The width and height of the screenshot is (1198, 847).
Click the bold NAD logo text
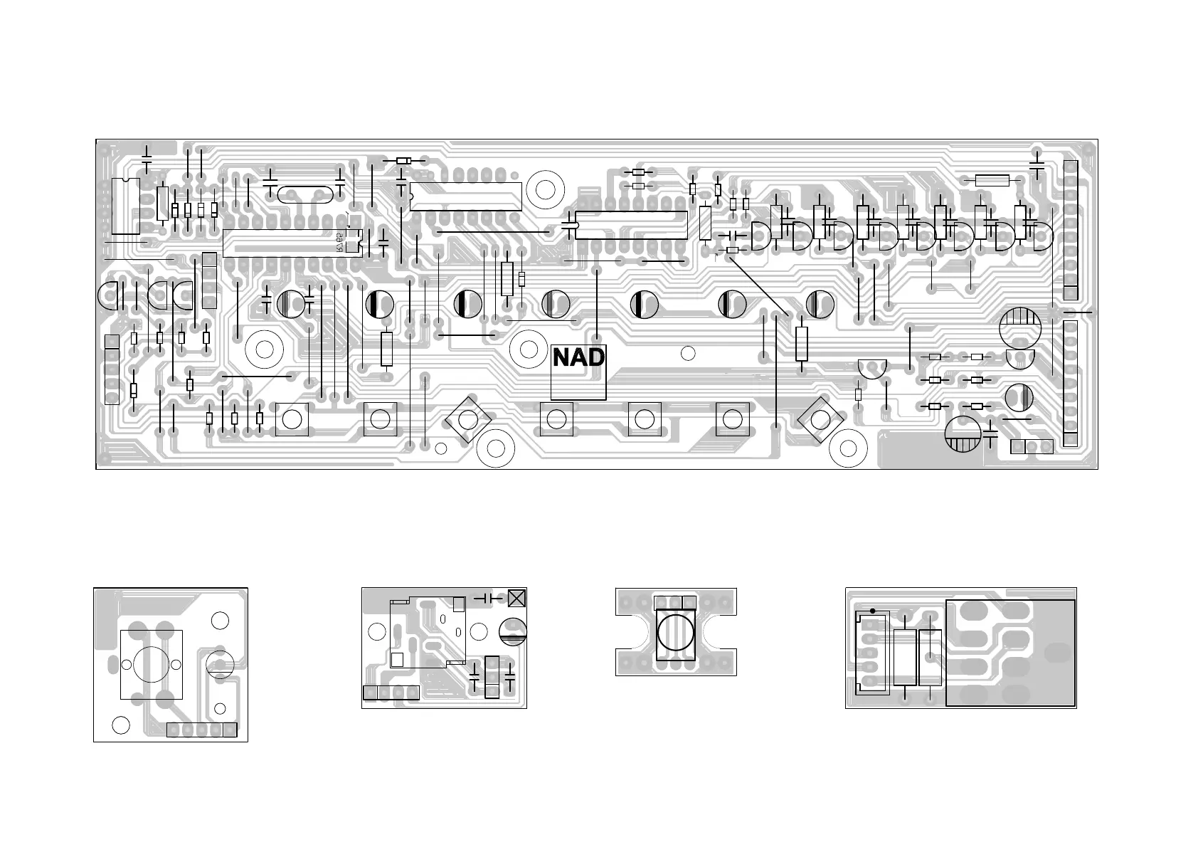(578, 357)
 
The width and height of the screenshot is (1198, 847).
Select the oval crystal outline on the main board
(304, 195)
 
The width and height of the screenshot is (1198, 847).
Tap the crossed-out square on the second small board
(516, 598)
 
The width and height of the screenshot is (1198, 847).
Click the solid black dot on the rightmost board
(873, 611)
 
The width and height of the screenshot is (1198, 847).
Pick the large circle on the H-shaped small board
(675, 631)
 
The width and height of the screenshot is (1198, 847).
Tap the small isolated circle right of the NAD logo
(687, 353)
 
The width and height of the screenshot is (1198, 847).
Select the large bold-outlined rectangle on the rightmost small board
(1009, 653)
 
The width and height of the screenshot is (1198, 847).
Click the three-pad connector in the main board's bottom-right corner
(1031, 447)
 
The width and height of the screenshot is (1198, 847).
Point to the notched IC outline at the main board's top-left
(126, 206)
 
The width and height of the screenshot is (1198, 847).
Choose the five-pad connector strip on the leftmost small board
(201, 730)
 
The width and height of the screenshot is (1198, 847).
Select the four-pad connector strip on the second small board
(391, 693)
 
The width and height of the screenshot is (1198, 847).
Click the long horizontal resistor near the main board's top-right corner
(992, 180)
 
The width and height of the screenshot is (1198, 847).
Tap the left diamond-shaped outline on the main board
(466, 419)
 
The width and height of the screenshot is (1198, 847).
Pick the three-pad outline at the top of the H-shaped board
(675, 603)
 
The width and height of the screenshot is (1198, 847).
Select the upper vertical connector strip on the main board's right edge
(1070, 230)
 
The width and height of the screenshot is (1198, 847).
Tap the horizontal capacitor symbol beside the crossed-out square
(488, 598)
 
